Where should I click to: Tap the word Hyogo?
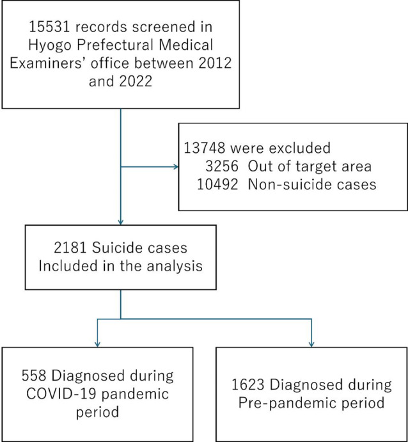point(50,45)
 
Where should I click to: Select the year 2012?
point(215,63)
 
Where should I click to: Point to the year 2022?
point(136,81)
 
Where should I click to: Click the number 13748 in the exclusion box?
point(204,148)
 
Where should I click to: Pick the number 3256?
point(222,166)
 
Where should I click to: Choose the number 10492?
point(217,185)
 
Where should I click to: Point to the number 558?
point(34,375)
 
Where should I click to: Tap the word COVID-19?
point(61,394)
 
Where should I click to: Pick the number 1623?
point(247,385)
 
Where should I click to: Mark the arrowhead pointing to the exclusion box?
point(176,167)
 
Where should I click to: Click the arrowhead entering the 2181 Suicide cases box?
point(121,222)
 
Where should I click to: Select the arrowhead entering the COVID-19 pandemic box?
point(97,345)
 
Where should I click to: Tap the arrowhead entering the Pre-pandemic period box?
point(311,345)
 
